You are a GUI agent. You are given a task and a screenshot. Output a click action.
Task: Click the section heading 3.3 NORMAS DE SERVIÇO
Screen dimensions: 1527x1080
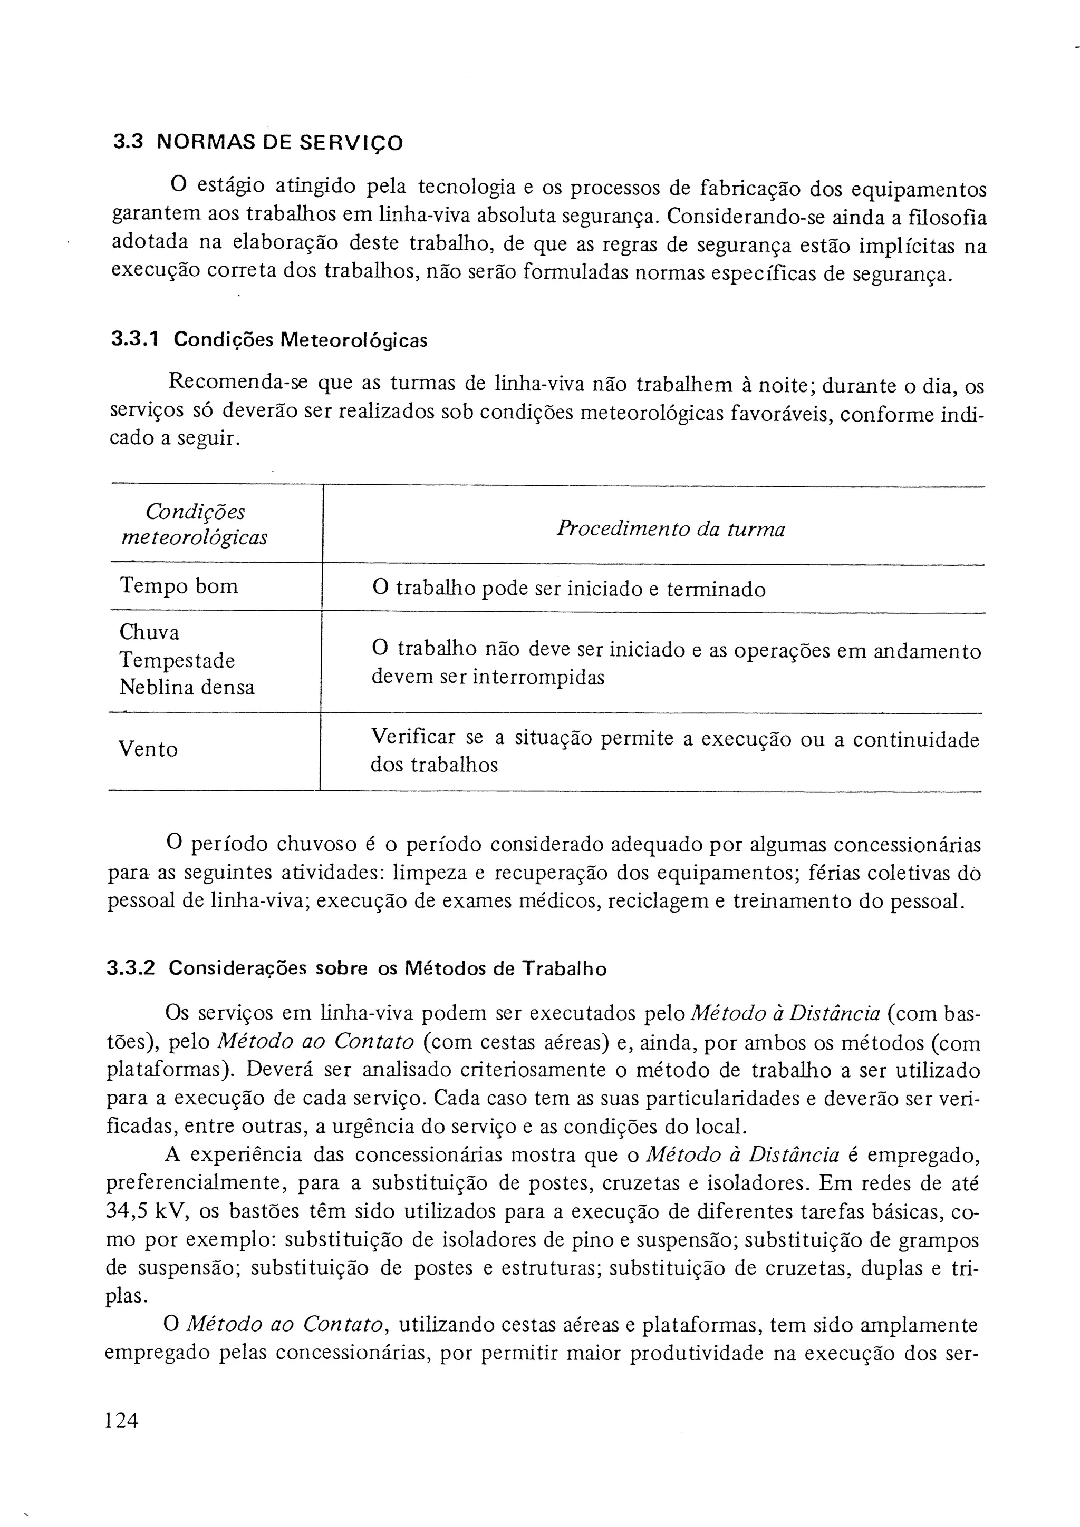tap(257, 142)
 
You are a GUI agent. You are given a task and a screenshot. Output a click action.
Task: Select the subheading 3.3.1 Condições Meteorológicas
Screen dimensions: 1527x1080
tap(269, 340)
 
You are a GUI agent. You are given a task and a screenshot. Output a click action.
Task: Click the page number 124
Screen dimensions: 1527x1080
tap(122, 1421)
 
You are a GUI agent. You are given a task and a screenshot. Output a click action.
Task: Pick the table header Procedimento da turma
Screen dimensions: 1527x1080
tap(671, 530)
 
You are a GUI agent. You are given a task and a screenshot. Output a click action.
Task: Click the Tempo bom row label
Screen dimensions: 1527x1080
tap(178, 586)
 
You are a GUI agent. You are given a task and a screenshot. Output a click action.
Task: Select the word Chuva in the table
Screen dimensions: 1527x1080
tap(149, 632)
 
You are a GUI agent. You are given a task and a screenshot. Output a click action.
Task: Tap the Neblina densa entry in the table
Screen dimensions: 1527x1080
tap(187, 687)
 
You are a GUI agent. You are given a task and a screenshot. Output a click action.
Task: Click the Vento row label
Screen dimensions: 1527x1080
tap(148, 749)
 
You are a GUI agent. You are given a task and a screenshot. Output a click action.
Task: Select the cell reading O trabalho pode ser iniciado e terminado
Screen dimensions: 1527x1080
tap(569, 589)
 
